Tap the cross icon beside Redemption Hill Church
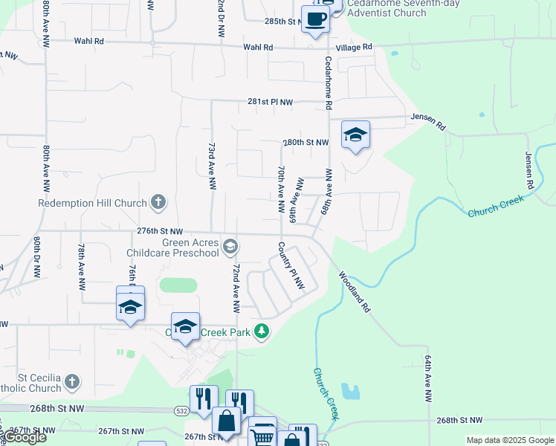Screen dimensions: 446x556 pos(158,201)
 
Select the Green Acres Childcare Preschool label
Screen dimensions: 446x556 pos(191,248)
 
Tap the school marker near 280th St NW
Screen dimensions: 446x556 pos(355,135)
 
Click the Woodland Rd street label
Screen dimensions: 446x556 pos(355,291)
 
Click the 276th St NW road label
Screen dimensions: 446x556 pos(159,233)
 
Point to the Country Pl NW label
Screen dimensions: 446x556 pos(291,265)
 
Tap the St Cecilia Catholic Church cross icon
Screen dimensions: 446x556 pos(71,382)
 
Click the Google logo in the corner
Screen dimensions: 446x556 pos(25,436)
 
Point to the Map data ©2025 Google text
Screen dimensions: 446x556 pos(510,440)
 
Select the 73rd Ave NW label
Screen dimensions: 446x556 pos(211,166)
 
